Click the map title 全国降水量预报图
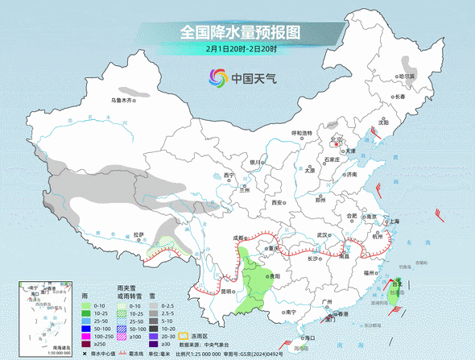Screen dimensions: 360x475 (x=240, y=32)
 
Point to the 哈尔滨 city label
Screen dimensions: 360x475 (x=410, y=76)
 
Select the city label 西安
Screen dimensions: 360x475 (x=278, y=203)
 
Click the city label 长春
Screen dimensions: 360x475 (x=400, y=97)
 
